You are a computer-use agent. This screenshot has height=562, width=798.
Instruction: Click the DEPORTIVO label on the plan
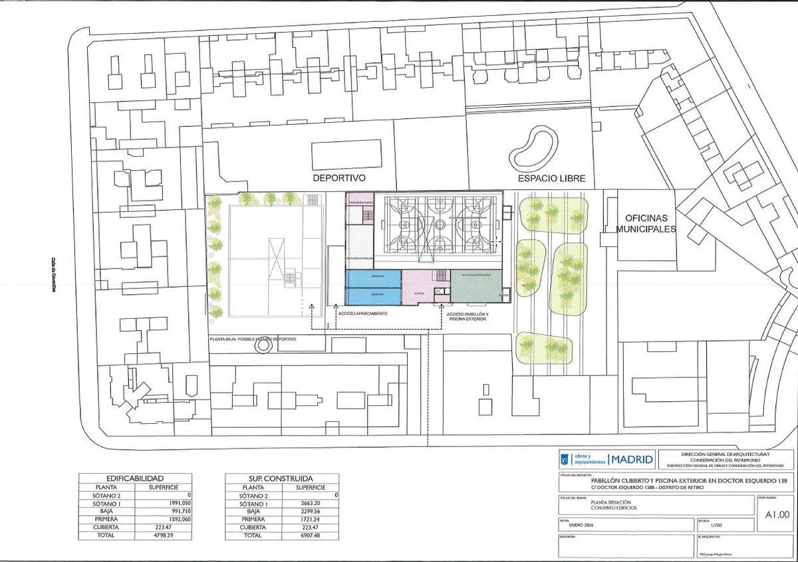340,179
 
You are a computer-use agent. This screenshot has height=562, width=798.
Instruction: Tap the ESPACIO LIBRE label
552,179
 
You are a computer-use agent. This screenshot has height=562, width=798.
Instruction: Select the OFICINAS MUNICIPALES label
646,223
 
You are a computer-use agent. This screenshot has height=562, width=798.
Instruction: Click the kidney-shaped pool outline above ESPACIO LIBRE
533,149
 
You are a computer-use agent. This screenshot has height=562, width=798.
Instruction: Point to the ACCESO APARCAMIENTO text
362,313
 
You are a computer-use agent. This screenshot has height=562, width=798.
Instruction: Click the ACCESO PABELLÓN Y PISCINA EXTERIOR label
467,316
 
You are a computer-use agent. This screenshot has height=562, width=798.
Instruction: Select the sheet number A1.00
777,514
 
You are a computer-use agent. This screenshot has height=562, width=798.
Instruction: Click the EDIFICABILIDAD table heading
135,478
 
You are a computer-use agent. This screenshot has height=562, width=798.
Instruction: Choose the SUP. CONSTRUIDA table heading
280,478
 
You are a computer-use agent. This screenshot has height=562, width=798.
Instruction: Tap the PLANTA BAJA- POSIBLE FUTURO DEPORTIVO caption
253,339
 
